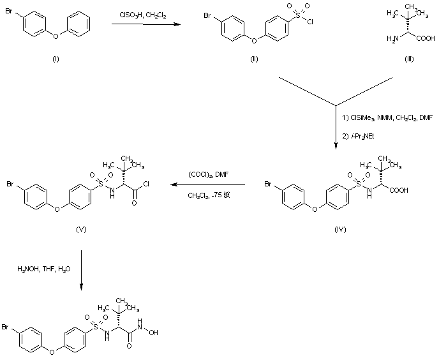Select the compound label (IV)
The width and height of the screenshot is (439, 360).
340,229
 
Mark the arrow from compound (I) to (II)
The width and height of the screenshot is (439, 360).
144,25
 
